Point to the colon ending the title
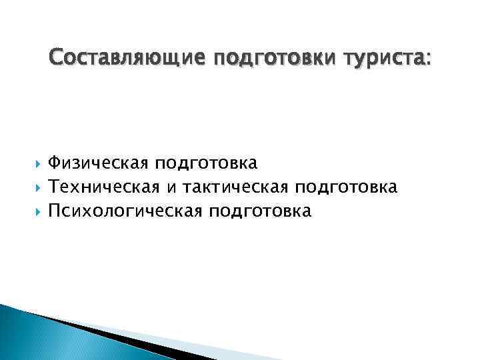coord(428,60)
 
